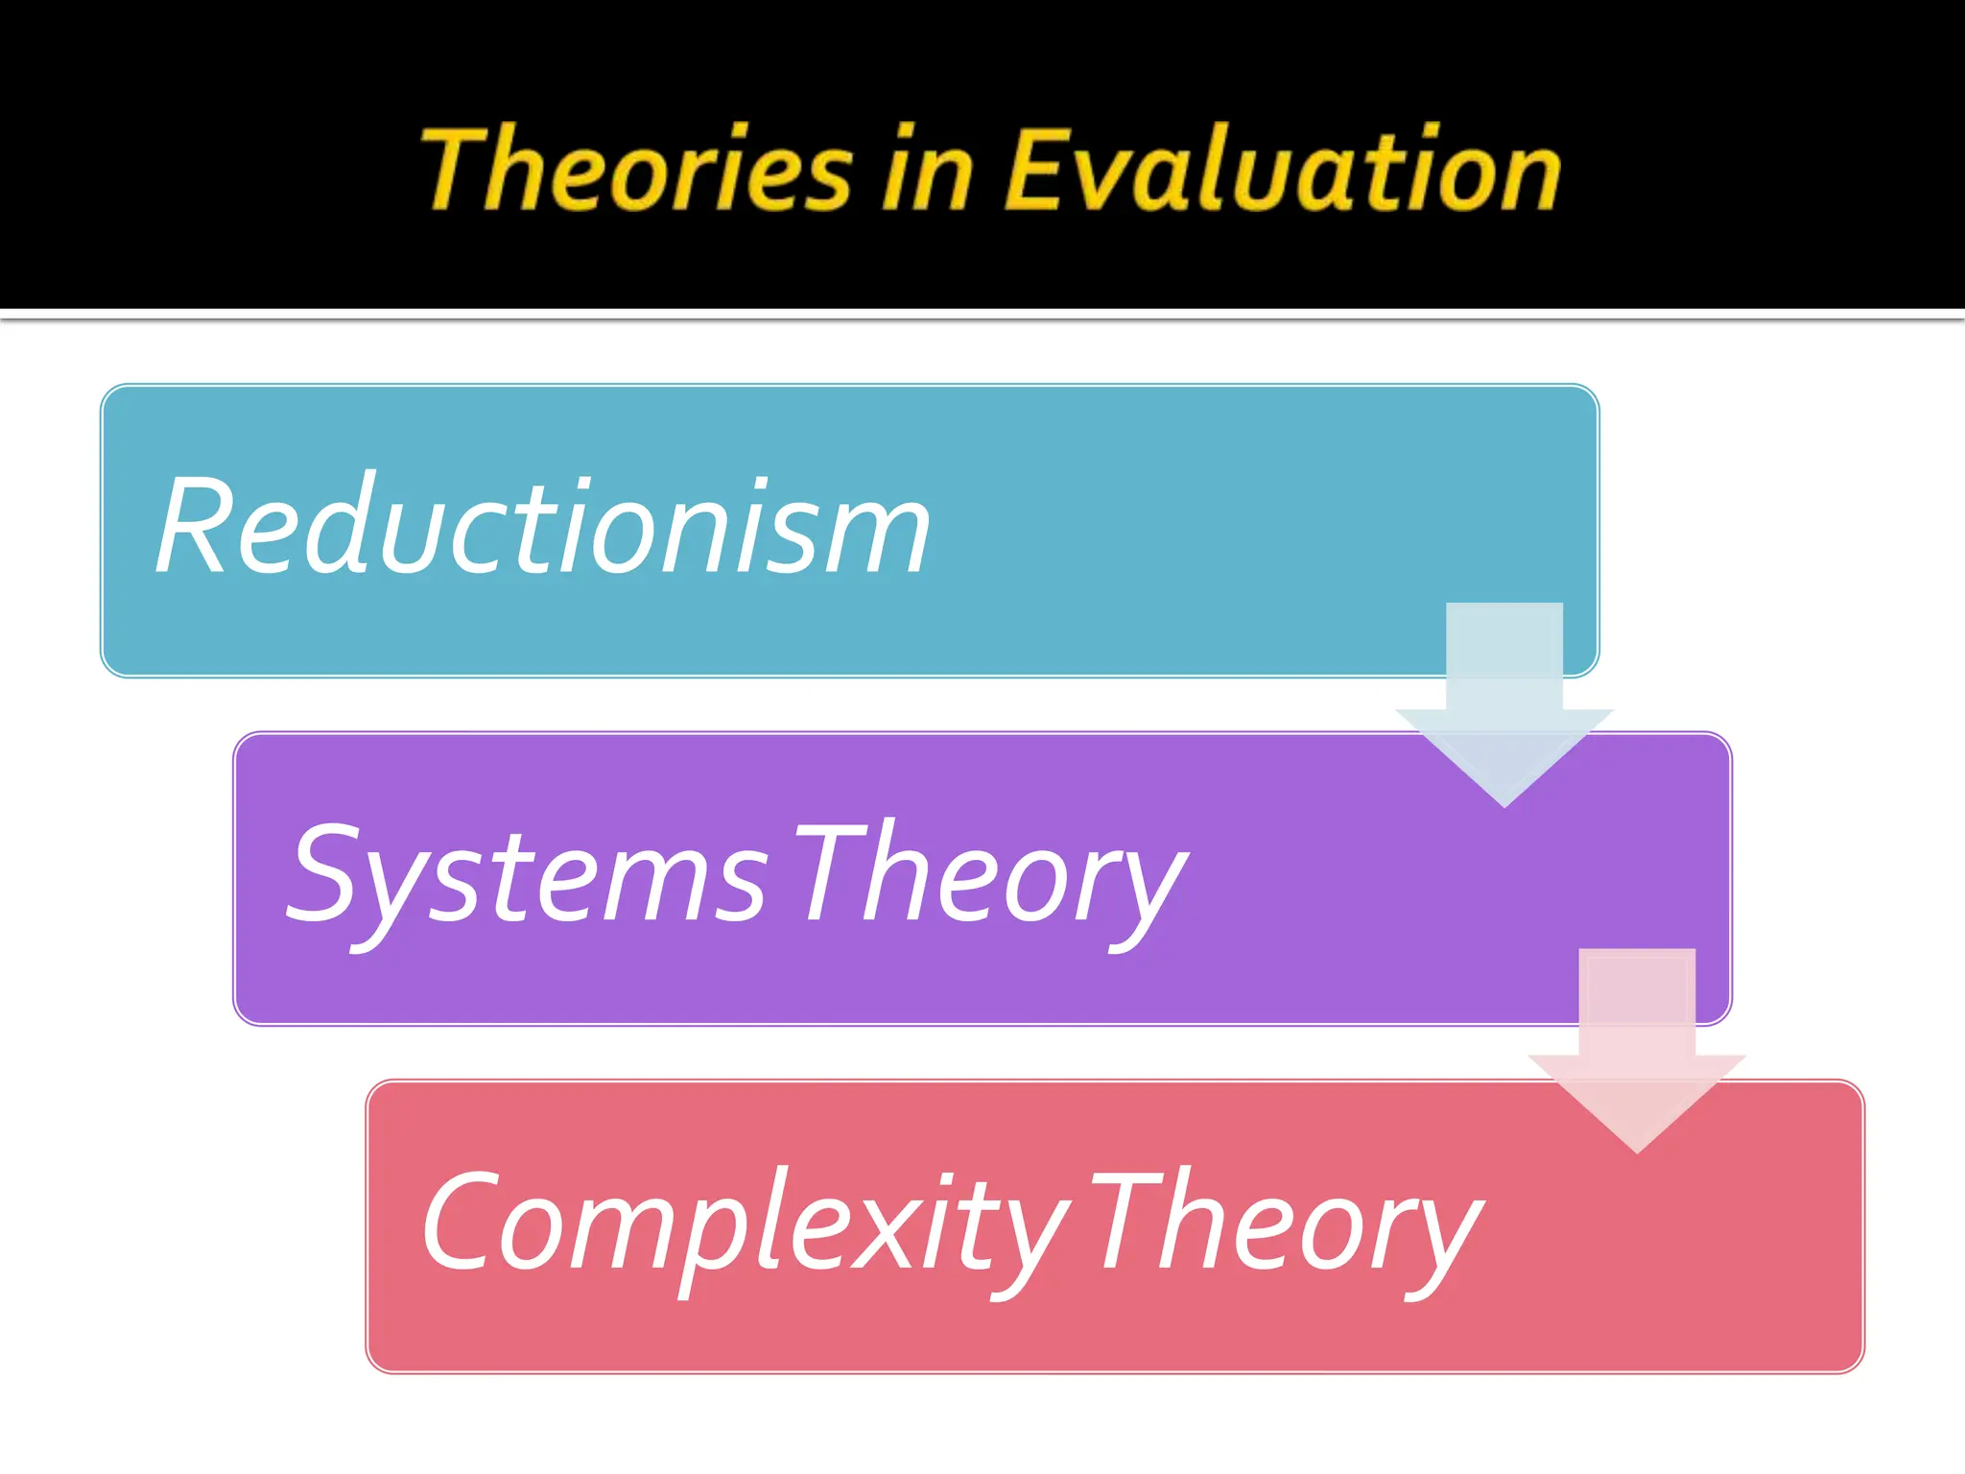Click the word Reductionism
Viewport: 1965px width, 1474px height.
point(543,528)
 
